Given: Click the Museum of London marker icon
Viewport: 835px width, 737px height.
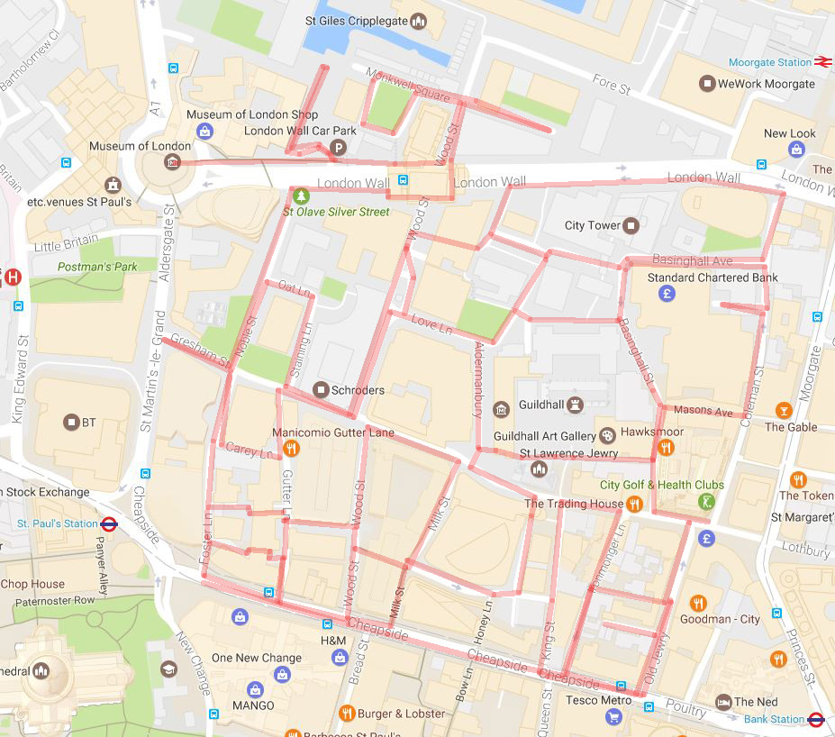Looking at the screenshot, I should (x=172, y=162).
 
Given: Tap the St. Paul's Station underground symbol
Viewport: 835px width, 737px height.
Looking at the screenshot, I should (x=110, y=523).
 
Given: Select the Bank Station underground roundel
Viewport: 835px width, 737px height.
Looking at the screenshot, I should (x=816, y=719).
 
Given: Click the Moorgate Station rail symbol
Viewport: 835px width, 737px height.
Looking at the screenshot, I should (x=822, y=62).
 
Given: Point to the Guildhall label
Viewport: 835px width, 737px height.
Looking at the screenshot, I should (x=541, y=405).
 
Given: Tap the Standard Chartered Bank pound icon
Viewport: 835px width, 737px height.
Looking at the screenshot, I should (x=667, y=293).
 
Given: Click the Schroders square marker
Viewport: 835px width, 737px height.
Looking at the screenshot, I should (x=320, y=390).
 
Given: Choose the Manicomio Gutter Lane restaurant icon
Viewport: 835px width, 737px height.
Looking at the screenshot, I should (x=291, y=449).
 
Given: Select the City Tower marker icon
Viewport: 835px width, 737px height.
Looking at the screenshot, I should (x=631, y=225).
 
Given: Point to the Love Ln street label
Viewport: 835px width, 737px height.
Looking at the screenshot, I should (x=431, y=323).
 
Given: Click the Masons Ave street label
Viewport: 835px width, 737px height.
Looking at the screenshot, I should (x=703, y=411).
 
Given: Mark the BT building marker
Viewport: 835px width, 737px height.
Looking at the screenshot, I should (x=71, y=423).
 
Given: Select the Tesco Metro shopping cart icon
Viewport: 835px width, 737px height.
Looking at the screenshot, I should (x=613, y=716).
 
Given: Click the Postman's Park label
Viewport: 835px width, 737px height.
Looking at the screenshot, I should (x=85, y=267).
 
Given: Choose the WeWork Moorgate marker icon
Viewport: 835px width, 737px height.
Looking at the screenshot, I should (x=708, y=84).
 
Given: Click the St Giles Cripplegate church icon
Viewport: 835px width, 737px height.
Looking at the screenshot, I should (x=418, y=21).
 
